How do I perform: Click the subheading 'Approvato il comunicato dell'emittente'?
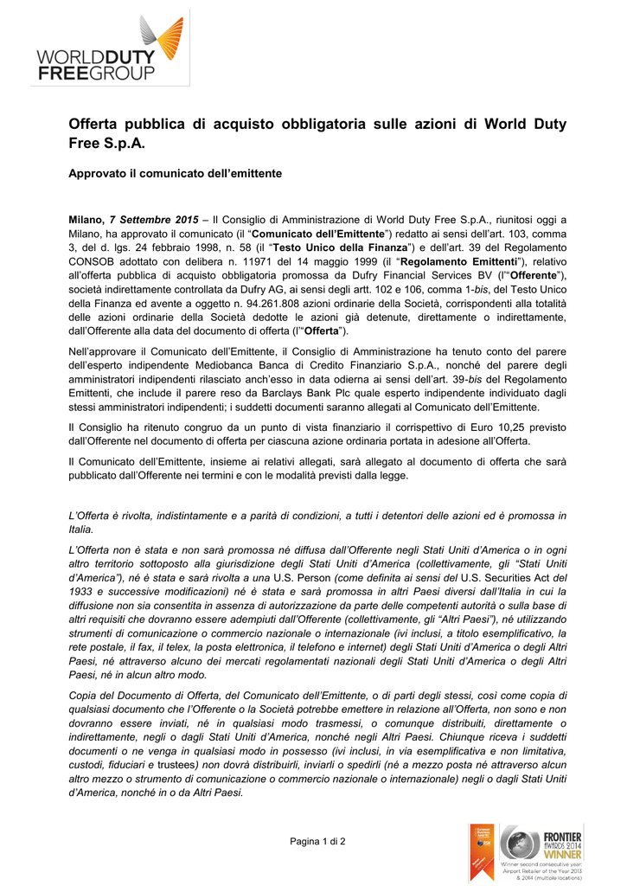(x=175, y=174)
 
